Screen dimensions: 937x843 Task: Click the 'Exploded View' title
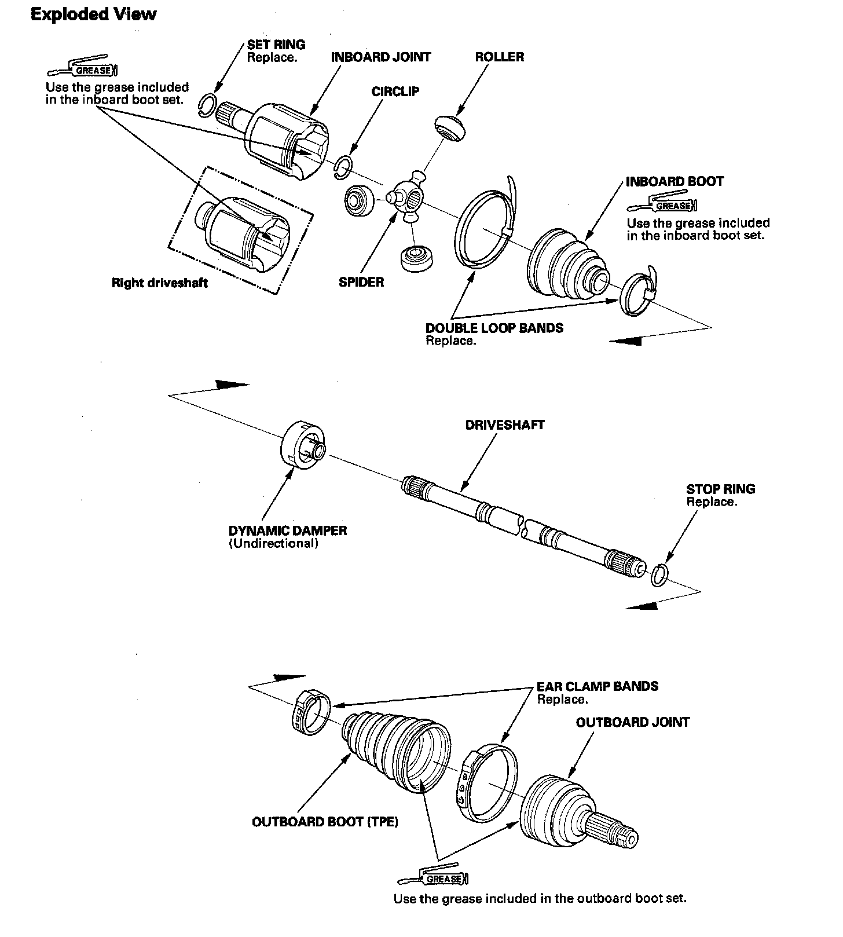click(93, 14)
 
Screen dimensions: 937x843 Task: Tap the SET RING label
click(276, 45)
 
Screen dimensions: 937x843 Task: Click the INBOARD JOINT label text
click(380, 57)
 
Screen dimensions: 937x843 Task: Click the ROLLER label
click(499, 57)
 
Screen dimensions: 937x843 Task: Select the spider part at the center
click(407, 200)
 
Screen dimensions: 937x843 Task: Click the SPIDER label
click(361, 283)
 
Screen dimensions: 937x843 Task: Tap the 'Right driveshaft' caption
click(159, 283)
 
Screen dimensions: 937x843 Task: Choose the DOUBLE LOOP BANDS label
click(494, 328)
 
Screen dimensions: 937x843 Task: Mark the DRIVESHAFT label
click(505, 425)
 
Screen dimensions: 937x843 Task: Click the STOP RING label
click(720, 489)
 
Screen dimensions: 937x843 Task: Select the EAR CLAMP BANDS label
click(598, 687)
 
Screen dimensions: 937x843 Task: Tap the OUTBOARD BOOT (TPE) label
click(325, 822)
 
